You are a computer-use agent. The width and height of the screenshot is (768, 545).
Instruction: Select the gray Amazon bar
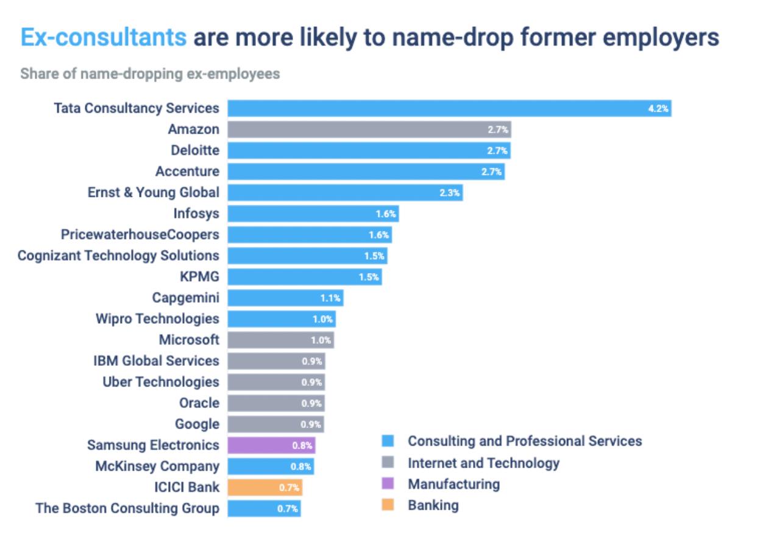pos(369,129)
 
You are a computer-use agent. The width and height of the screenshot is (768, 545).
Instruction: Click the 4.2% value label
pos(658,109)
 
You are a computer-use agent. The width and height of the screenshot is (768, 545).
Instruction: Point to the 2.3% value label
pos(450,193)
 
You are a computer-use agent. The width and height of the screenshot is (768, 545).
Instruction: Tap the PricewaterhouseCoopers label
pos(140,234)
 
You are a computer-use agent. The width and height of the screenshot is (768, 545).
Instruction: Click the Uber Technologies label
pos(161,382)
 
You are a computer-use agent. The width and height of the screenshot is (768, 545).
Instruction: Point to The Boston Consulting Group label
pos(127,508)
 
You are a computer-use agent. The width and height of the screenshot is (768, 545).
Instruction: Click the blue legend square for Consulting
pos(387,441)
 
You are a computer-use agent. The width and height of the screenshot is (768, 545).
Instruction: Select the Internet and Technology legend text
pos(483,463)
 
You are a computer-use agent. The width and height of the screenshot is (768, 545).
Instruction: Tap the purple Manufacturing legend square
pos(387,484)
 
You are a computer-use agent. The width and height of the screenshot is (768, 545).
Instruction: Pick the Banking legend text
pos(433,505)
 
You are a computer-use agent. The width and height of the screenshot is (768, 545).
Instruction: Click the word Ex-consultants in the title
pos(104,38)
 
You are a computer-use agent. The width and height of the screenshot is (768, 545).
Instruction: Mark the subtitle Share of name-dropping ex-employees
pos(150,74)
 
